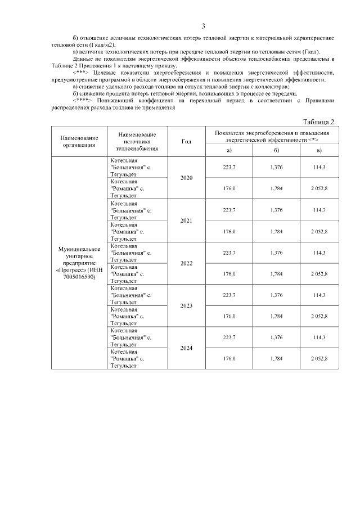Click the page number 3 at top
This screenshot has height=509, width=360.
(x=204, y=26)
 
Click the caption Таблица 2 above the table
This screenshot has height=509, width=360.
(x=318, y=122)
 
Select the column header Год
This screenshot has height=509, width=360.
(x=186, y=141)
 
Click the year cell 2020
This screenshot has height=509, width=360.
(x=186, y=178)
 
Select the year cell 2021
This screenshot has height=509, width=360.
(x=186, y=220)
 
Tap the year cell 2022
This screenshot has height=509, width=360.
(x=186, y=263)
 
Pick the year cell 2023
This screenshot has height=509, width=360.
(x=186, y=305)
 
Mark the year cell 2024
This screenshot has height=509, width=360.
(x=186, y=348)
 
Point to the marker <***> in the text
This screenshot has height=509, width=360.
(x=82, y=73)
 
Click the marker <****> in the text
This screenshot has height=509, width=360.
(x=83, y=100)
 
